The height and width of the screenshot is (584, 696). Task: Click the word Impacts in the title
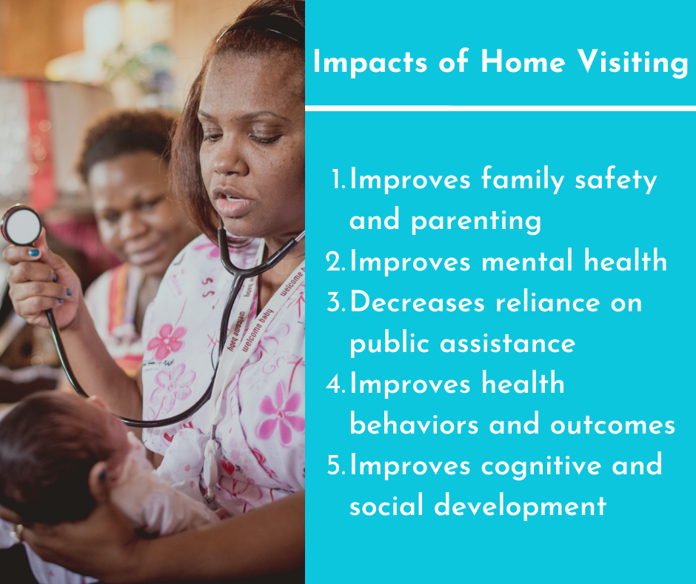point(369,62)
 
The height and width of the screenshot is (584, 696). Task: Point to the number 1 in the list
point(338,179)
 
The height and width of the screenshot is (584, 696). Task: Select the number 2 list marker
point(335,262)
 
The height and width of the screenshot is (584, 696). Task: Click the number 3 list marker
point(336,302)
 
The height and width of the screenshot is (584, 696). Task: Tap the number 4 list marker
point(336,384)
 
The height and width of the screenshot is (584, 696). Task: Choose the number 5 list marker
point(336,465)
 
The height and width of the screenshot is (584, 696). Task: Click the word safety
point(615,180)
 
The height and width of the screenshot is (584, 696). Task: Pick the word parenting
point(476,221)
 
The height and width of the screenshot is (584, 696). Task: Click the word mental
point(527,261)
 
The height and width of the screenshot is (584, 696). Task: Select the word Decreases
point(417,302)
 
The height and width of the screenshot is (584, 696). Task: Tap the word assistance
point(507,343)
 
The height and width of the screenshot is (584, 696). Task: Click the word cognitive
point(541,466)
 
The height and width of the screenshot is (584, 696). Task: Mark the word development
point(520,507)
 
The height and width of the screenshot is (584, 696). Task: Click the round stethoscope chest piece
point(21,225)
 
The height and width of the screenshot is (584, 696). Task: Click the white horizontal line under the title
point(501,108)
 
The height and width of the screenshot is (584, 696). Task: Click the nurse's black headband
point(258,31)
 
